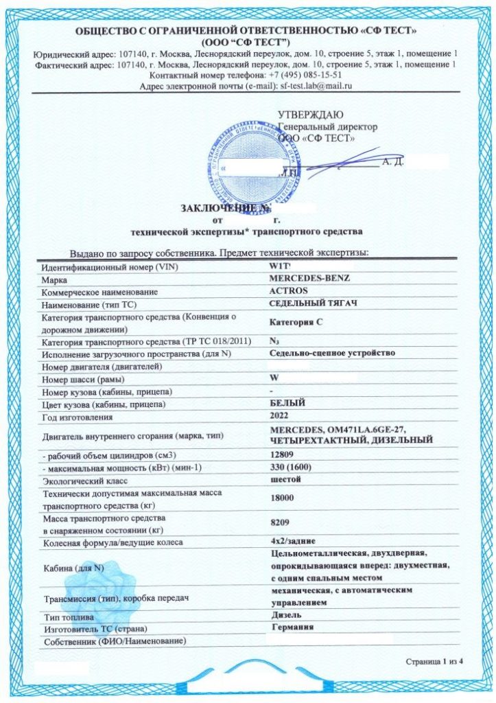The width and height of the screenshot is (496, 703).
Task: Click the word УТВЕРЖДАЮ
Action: [311, 115]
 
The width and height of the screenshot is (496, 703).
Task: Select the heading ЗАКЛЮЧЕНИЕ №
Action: [226, 208]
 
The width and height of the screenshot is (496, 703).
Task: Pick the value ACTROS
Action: [289, 291]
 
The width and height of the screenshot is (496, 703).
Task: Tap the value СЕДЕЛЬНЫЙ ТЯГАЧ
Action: [315, 303]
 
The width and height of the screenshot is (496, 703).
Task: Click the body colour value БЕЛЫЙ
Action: [288, 403]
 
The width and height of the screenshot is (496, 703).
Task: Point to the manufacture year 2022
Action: [281, 416]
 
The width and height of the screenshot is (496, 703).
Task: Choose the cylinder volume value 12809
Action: [283, 454]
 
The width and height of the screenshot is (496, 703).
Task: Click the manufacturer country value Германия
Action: [293, 627]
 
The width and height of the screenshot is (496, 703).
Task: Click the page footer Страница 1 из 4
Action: [434, 661]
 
